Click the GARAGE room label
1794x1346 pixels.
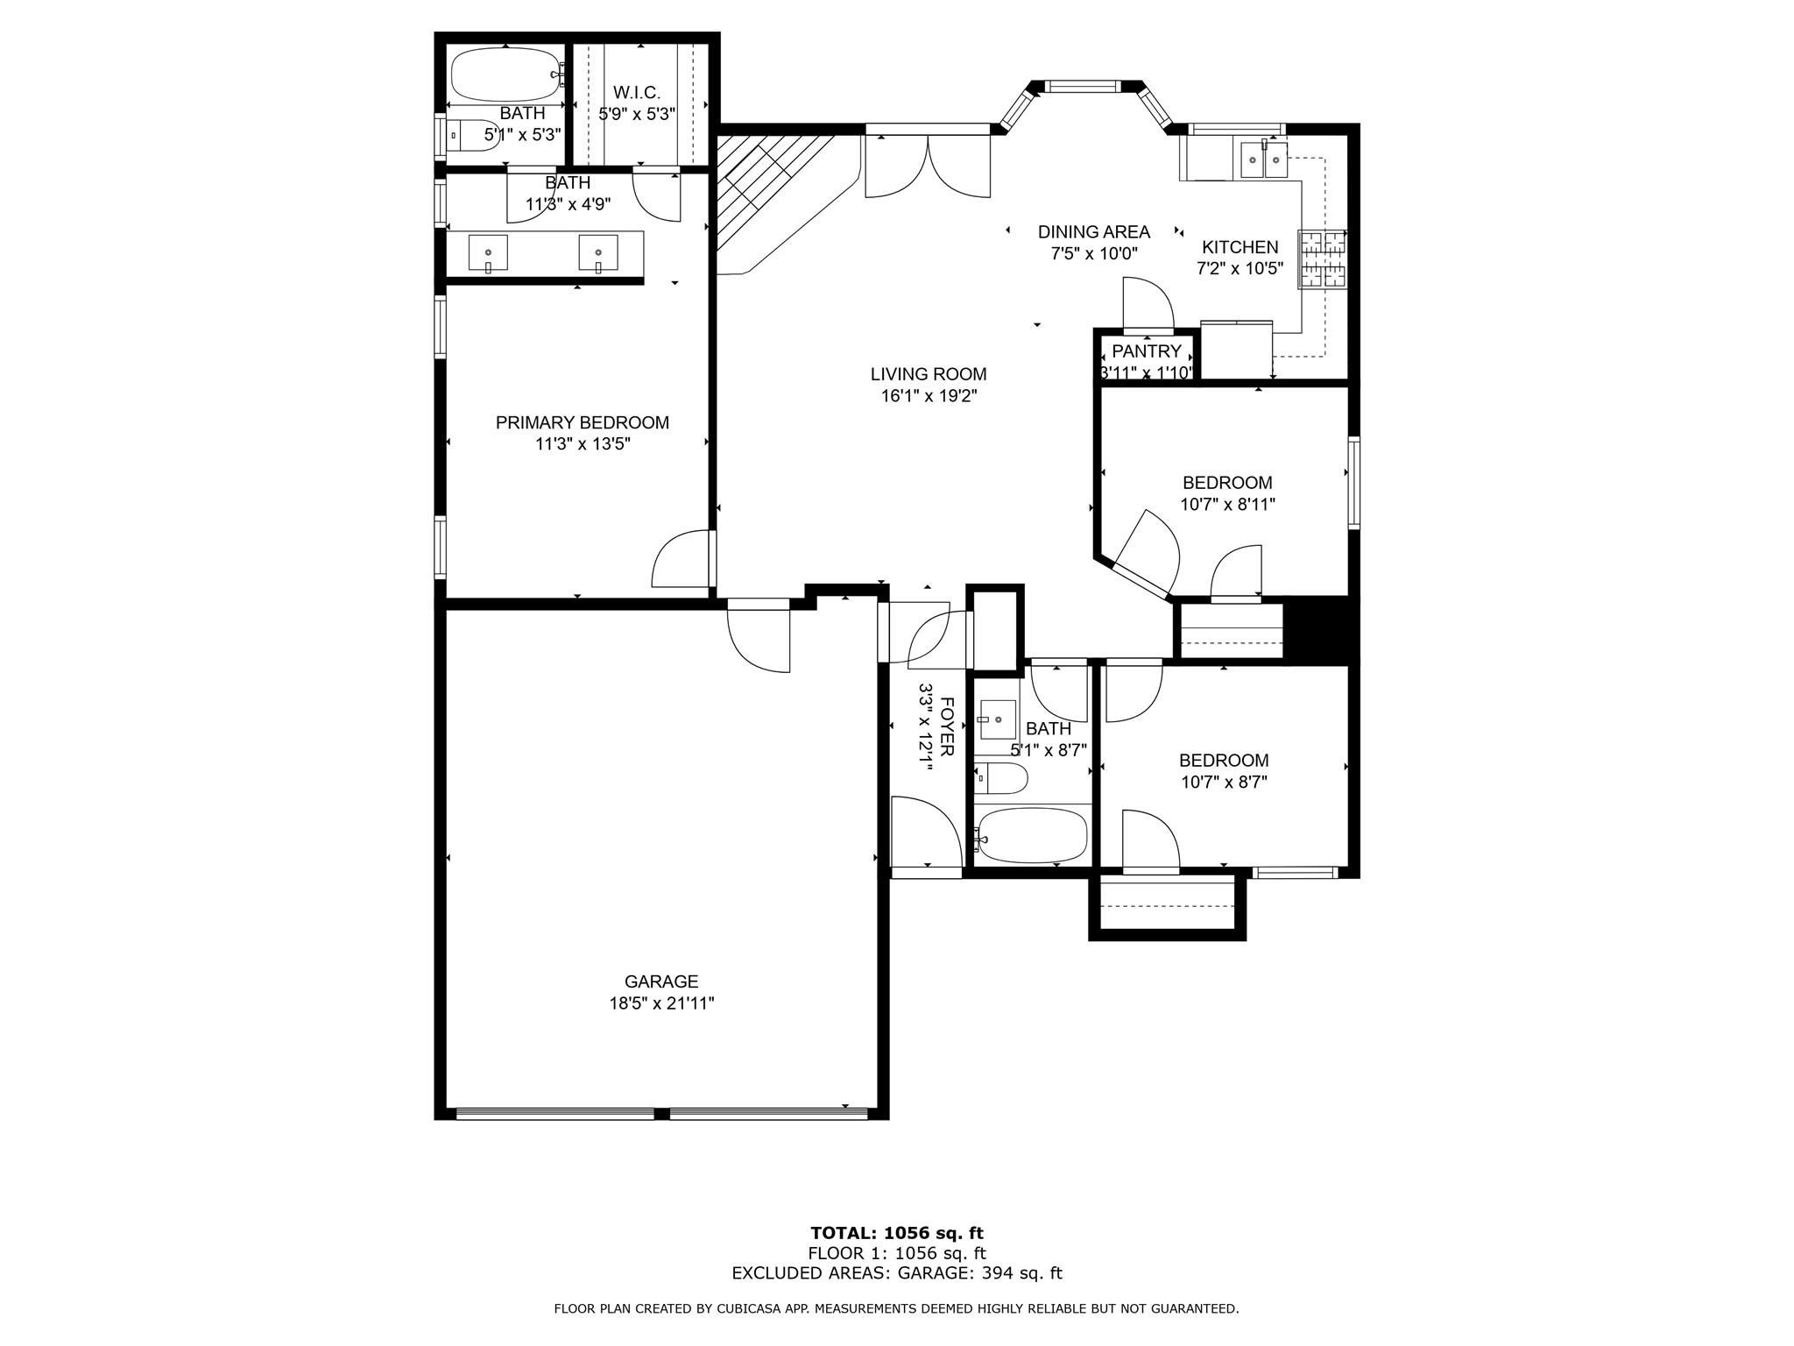[661, 981]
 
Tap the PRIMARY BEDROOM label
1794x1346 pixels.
[582, 422]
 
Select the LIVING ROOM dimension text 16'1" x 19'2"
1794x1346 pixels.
[929, 396]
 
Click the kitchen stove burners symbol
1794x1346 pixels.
[1323, 259]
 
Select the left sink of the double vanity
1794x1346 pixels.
[488, 252]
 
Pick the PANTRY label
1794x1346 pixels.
[1147, 351]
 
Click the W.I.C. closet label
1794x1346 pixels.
[637, 93]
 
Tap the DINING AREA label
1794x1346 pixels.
[1093, 232]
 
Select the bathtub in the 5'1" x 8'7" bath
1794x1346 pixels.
[1032, 835]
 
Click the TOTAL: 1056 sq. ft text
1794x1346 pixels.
[897, 1234]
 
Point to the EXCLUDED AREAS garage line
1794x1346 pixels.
[897, 1273]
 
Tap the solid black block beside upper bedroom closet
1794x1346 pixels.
[1320, 629]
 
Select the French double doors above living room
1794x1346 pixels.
[928, 166]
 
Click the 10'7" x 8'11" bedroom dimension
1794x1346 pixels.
[1227, 505]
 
